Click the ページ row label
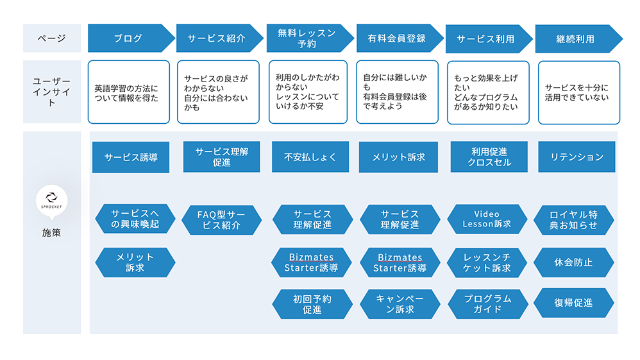(52, 38)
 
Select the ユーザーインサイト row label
(52, 92)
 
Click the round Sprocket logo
(51, 200)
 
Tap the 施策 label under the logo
(51, 232)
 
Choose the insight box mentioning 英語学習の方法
(128, 92)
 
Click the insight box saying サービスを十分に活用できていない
(579, 92)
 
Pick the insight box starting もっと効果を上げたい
(488, 92)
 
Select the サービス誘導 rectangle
(131, 157)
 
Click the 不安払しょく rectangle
(310, 157)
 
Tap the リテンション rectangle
(577, 157)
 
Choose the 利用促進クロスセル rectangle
(489, 157)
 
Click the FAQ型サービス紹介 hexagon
(221, 220)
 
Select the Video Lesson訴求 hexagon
(487, 219)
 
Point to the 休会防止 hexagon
(573, 262)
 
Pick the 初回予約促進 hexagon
(312, 304)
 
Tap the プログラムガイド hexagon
(488, 304)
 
